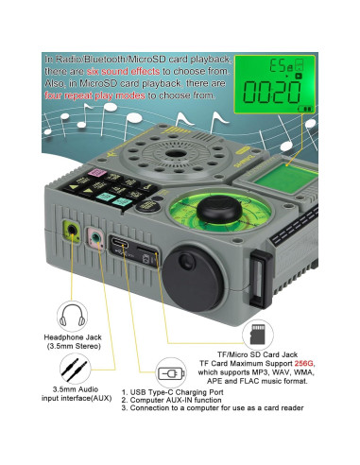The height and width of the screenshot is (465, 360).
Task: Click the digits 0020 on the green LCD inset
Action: [x=272, y=95]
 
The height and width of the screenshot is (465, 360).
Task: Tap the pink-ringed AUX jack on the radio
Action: [x=95, y=236]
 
